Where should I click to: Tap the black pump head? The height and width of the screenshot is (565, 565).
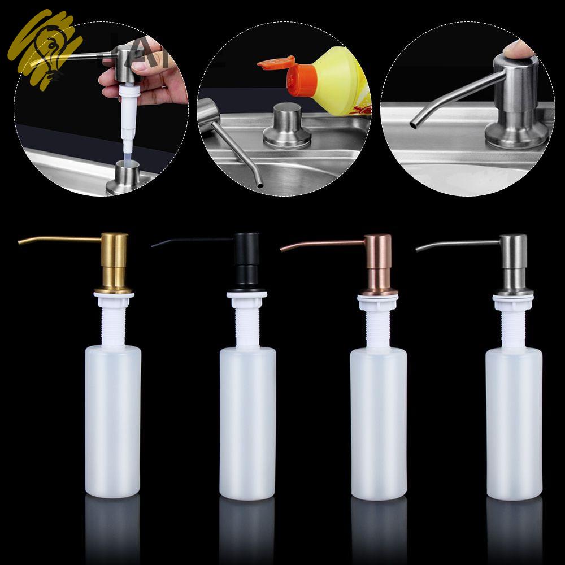tap(246, 260)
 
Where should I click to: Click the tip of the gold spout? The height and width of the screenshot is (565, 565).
tap(20, 242)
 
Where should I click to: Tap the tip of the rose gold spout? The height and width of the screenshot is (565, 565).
tap(282, 249)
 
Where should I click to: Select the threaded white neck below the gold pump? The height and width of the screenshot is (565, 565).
tap(114, 322)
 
